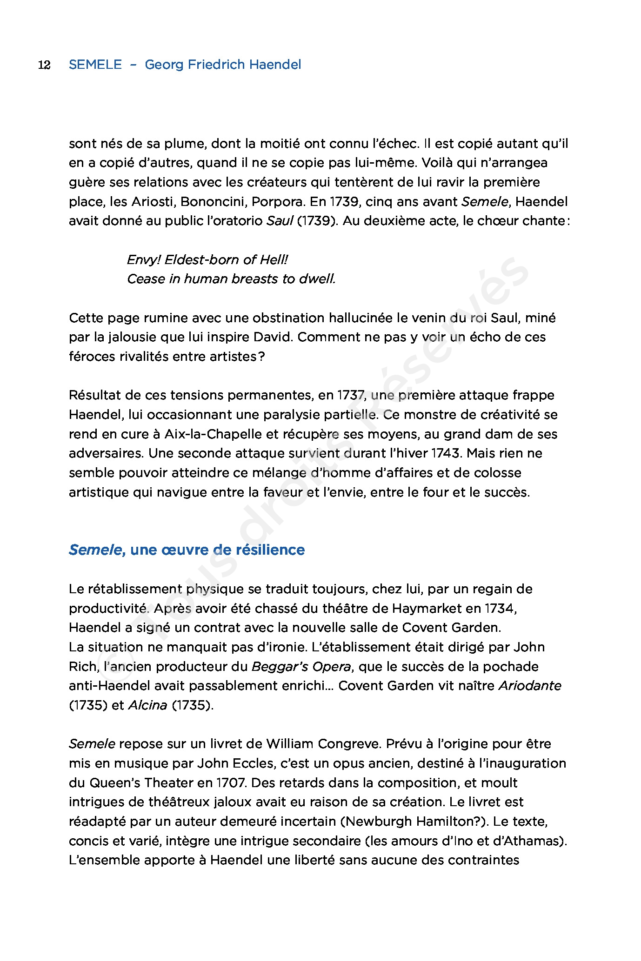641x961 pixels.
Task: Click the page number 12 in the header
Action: point(44,65)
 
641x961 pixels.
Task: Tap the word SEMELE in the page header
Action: point(95,65)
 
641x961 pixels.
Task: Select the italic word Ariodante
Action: point(530,686)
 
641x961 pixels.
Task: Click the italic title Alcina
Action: point(147,705)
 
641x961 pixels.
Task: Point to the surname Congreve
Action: point(349,744)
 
